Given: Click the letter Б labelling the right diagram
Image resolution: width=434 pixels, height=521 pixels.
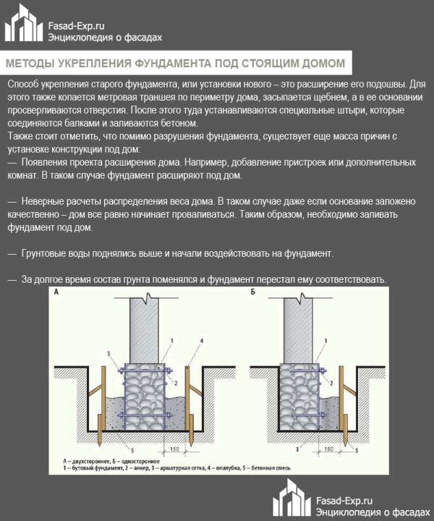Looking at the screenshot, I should coord(252,293).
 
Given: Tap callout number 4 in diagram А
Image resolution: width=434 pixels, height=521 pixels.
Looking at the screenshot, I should coord(201,340).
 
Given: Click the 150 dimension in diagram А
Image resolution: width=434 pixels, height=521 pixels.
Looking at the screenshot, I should coord(174,450).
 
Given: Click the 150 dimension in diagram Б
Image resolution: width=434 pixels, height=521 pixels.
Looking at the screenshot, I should coord(329,450).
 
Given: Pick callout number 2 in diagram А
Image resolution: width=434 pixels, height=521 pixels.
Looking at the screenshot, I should coord(176,382).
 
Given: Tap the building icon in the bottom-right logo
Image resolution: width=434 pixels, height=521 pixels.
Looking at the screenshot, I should coord(292,499).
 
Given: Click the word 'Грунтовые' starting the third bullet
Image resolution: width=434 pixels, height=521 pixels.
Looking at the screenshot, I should coord(45,254).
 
